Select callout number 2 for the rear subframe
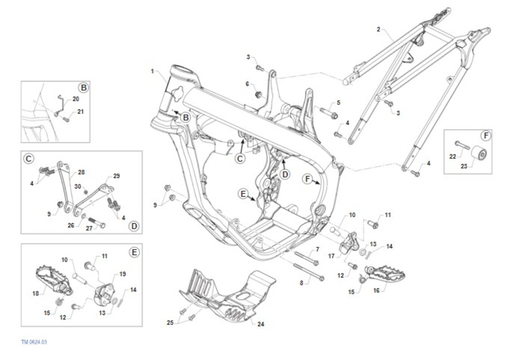tap(378, 30)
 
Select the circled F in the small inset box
tap(486, 135)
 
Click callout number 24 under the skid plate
tap(261, 324)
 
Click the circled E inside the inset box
tap(134, 252)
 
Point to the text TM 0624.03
tap(34, 342)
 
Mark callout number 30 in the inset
tap(78, 186)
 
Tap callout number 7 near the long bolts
tap(317, 250)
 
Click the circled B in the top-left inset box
tap(83, 88)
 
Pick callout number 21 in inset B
tap(80, 112)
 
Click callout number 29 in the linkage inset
tap(116, 176)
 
